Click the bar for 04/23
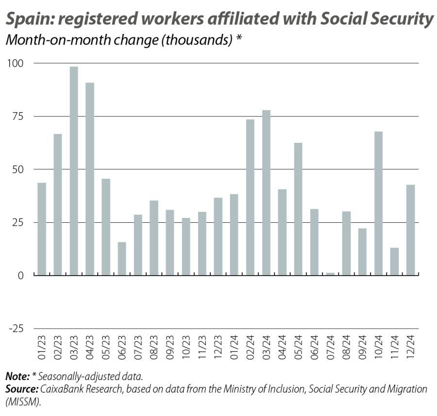[x=90, y=179]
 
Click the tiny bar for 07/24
[x=330, y=274]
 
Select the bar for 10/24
[x=378, y=203]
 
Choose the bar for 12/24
[x=410, y=230]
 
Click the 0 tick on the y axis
[x=20, y=275]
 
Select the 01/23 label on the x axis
[x=42, y=346]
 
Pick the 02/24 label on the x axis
[x=250, y=346]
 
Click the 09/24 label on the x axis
[x=362, y=346]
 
